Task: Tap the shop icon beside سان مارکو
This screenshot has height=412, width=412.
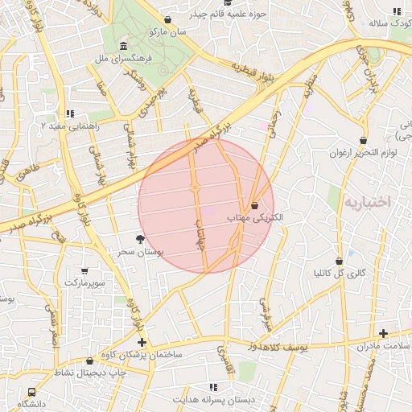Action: coord(167,20)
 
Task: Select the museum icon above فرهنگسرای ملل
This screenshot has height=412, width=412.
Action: coord(122,46)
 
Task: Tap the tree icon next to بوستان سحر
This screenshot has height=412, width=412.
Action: coord(140,239)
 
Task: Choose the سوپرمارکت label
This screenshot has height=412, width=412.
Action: coord(84,283)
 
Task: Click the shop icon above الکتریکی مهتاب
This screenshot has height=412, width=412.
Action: coord(254,205)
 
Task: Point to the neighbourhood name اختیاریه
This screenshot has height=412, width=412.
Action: coord(367,203)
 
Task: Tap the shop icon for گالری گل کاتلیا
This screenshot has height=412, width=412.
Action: coord(340,261)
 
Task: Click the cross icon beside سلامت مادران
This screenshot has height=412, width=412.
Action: coord(383,333)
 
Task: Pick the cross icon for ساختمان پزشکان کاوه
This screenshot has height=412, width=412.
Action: coord(142,343)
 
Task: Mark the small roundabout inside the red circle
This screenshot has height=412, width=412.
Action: coord(196,187)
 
